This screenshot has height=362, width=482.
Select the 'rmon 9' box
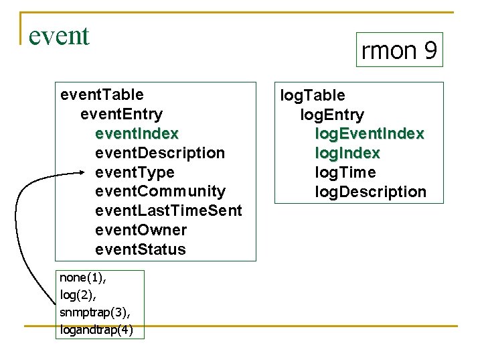(399, 50)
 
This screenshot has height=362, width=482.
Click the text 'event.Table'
(102, 95)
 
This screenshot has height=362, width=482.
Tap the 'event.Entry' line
(121, 114)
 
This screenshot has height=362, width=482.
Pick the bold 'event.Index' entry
(137, 133)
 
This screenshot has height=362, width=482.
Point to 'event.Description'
(160, 153)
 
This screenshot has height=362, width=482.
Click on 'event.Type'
(135, 172)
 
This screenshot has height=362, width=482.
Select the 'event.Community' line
(160, 192)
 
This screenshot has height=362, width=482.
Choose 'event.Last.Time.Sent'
(169, 211)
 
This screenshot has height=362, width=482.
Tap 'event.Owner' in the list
(141, 231)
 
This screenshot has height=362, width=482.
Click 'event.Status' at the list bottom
(141, 250)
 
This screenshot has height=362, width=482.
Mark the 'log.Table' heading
(313, 96)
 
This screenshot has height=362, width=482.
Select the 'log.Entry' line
(332, 115)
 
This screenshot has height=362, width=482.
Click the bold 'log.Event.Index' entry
(369, 134)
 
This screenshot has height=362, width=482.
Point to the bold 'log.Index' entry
(347, 154)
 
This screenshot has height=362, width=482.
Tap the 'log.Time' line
(345, 173)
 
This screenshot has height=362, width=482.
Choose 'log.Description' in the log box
(370, 192)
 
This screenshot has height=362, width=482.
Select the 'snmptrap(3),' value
(90, 313)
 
